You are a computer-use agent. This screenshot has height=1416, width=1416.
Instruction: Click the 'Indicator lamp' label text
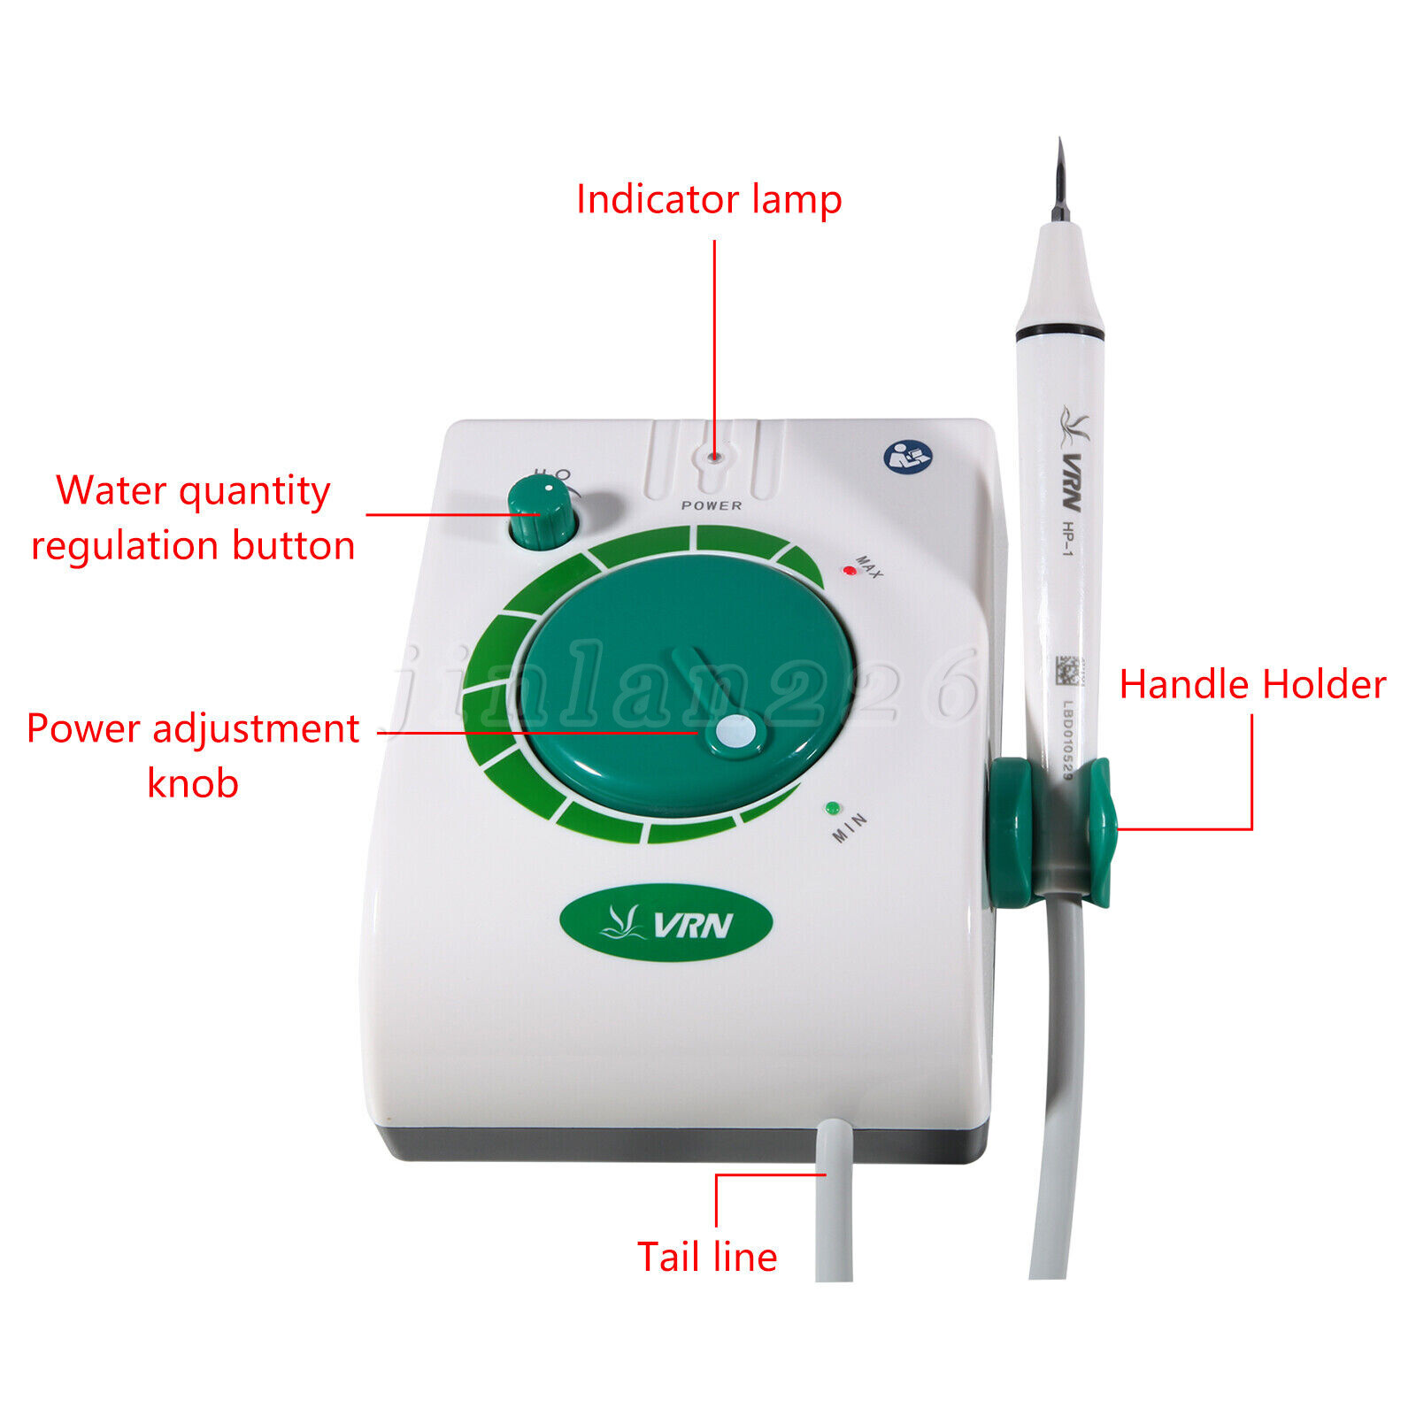(708, 200)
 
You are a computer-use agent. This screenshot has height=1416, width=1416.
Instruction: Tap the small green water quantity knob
(542, 513)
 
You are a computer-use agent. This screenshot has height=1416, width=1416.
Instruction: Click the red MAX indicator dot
(850, 570)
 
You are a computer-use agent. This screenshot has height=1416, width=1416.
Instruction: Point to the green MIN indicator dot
(832, 808)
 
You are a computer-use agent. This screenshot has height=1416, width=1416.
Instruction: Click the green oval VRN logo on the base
(666, 923)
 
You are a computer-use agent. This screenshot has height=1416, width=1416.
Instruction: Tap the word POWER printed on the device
(712, 505)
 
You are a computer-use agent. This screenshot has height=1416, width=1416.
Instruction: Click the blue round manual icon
(908, 457)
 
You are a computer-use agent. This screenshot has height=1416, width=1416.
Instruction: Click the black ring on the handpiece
(1059, 333)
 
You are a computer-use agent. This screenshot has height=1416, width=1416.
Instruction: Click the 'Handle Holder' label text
(1251, 685)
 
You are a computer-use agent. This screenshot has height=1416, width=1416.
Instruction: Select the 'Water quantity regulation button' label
(193, 518)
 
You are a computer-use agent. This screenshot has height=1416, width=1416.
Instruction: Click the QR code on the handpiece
(1068, 673)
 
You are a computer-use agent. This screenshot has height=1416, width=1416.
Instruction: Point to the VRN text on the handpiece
(1071, 482)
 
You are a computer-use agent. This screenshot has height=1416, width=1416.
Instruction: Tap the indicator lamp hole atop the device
(713, 458)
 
